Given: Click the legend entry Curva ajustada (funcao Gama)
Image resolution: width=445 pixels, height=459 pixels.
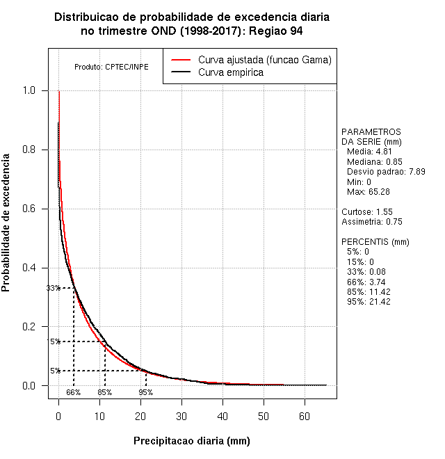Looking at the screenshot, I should point(264,60).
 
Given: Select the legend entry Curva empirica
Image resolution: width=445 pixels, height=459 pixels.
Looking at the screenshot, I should point(231,72).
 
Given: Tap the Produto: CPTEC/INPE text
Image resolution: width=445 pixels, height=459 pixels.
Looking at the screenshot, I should point(111,67).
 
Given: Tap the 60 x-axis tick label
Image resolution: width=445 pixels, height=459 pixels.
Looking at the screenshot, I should point(305,416).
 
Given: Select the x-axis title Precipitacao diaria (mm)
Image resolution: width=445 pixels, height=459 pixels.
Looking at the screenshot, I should point(192,441).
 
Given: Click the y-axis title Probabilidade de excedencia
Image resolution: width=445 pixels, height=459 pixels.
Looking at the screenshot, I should point(6,228).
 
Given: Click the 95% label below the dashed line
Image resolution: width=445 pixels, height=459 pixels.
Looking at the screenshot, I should point(145,392).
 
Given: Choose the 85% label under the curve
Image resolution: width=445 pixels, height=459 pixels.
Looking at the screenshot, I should point(104,392).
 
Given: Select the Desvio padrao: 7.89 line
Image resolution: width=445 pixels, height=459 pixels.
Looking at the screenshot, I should point(386,171).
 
